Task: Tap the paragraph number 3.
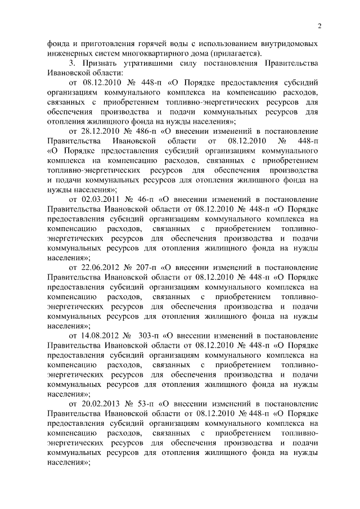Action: point(71,63)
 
